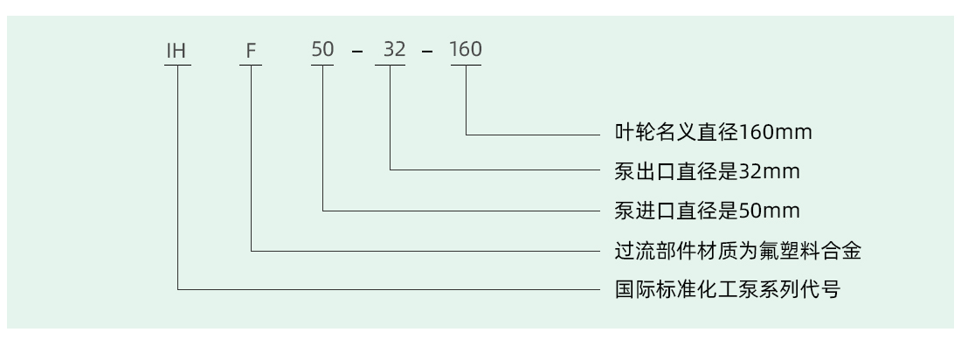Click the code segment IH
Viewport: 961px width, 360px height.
pyautogui.click(x=176, y=51)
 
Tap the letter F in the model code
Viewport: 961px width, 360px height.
pyautogui.click(x=250, y=51)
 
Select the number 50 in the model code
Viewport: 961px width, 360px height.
pyautogui.click(x=322, y=49)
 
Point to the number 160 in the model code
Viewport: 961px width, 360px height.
pyautogui.click(x=466, y=49)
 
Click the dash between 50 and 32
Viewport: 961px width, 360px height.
pyautogui.click(x=357, y=51)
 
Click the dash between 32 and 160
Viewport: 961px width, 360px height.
pyautogui.click(x=427, y=51)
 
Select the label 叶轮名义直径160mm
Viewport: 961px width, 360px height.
pyautogui.click(x=714, y=132)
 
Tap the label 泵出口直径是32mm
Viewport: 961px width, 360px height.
pyautogui.click(x=708, y=171)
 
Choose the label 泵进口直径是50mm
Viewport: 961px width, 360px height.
pyautogui.click(x=708, y=211)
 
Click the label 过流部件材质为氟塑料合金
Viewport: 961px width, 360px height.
pyautogui.click(x=738, y=250)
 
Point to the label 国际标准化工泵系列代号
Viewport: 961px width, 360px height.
pyautogui.click(x=728, y=289)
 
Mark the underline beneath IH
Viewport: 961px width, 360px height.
pyautogui.click(x=177, y=65)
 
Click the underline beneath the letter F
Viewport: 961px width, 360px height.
pyautogui.click(x=251, y=65)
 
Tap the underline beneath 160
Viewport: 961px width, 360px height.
pyautogui.click(x=466, y=65)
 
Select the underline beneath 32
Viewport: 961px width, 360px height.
pyautogui.click(x=390, y=65)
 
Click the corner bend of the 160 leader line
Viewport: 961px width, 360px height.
pyautogui.click(x=466, y=135)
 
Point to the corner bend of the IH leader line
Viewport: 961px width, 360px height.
pyautogui.click(x=177, y=289)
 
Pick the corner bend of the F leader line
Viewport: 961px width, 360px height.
pyautogui.click(x=251, y=250)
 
